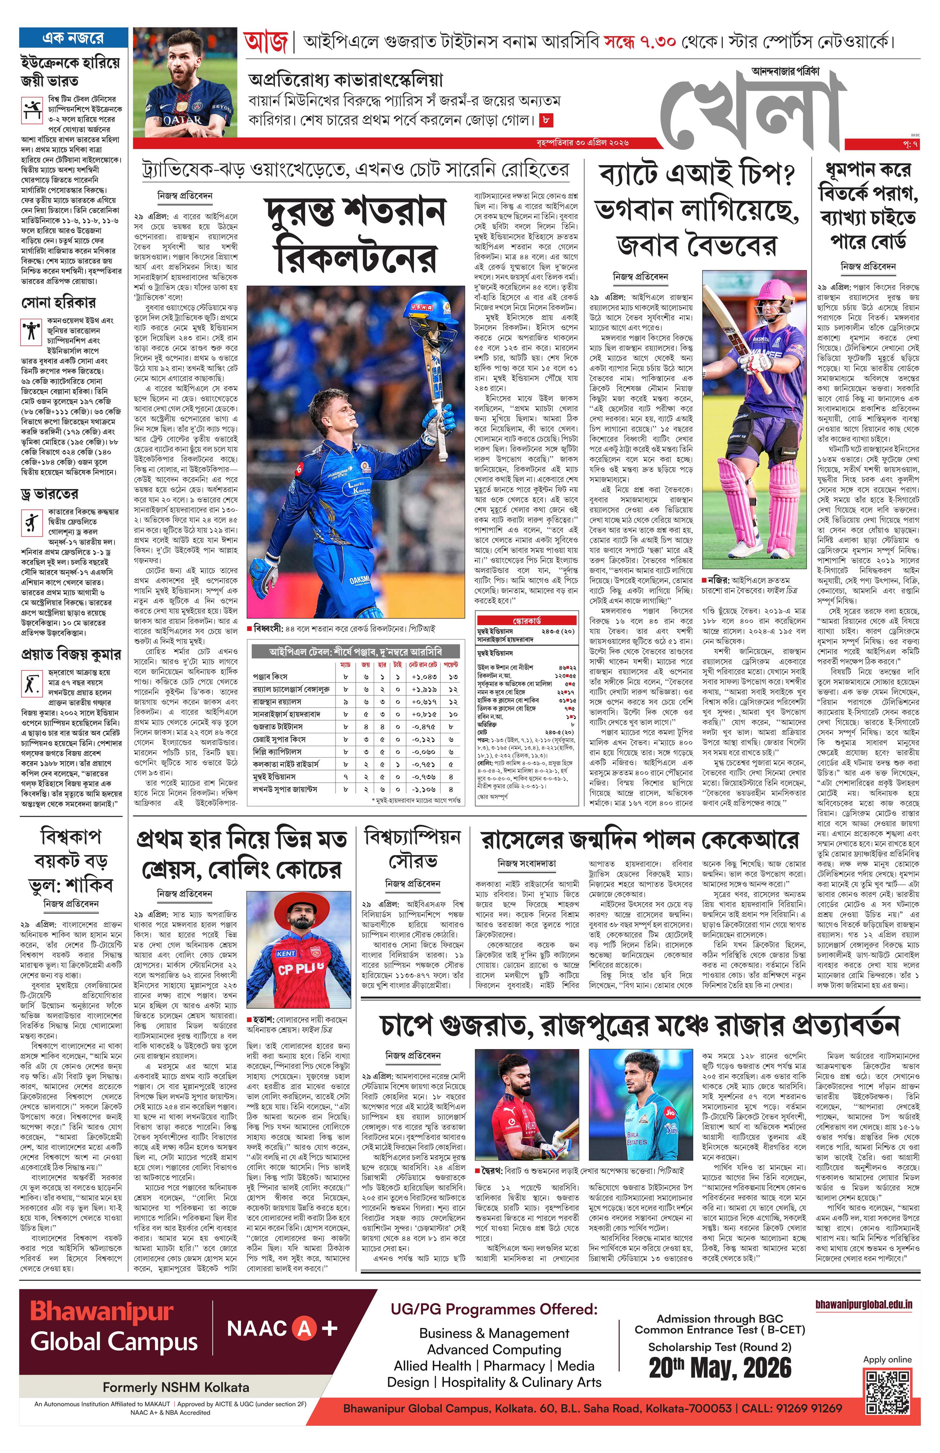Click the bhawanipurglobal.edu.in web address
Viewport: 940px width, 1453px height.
tap(864, 1305)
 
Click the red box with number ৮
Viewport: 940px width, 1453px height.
tap(546, 120)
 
